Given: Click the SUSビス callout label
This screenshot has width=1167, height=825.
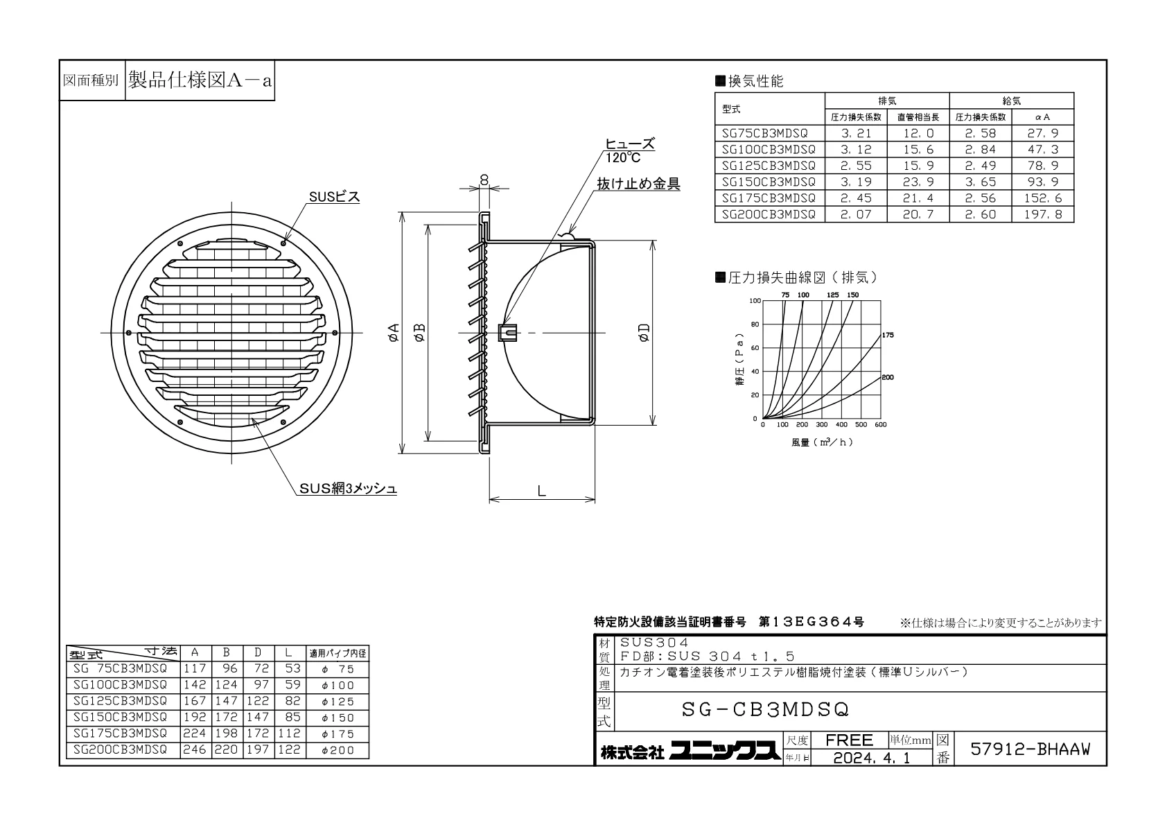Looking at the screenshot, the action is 334,197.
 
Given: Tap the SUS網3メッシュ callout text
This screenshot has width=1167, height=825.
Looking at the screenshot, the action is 347,488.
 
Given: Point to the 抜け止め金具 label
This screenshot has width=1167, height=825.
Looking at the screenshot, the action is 638,184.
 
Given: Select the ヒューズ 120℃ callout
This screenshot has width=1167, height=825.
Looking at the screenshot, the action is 629,150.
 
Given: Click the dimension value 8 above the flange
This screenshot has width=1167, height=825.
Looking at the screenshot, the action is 484,180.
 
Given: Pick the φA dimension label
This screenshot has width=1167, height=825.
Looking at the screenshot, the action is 394,332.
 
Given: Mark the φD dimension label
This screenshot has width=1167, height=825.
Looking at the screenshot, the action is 644,333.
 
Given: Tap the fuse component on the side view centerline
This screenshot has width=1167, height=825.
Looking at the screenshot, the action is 507,333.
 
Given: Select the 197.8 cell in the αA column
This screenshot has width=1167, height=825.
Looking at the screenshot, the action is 1042,214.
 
